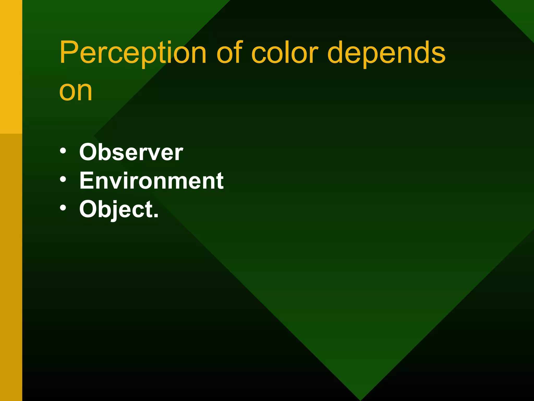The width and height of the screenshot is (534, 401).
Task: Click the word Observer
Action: (x=131, y=152)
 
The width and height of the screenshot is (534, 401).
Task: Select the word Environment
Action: (x=151, y=181)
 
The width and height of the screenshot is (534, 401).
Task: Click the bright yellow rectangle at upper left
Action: (x=11, y=65)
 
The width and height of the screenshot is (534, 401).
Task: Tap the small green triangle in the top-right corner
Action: (x=521, y=13)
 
